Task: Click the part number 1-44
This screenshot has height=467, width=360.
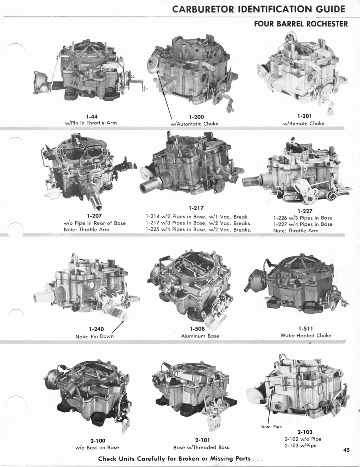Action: pyautogui.click(x=91, y=116)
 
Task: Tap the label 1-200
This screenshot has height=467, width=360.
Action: pyautogui.click(x=196, y=117)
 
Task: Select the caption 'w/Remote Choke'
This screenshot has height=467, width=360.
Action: pyautogui.click(x=304, y=123)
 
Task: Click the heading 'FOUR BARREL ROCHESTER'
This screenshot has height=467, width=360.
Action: pyautogui.click(x=301, y=24)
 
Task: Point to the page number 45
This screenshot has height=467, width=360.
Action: pyautogui.click(x=347, y=450)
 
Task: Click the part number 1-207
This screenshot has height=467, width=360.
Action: pyautogui.click(x=94, y=216)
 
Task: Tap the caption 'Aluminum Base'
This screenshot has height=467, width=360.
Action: pyautogui.click(x=200, y=336)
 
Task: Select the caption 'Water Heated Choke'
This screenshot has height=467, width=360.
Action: pyautogui.click(x=306, y=335)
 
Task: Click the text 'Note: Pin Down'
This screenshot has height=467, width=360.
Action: pyautogui.click(x=95, y=336)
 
